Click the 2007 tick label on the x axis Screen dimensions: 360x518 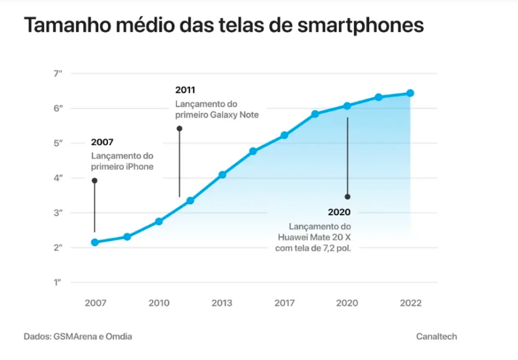95,303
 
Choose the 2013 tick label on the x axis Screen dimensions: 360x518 222,303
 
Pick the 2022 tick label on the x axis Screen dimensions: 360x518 410,303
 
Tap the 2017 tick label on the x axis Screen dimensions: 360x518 284,303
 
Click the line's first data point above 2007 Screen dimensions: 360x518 95,242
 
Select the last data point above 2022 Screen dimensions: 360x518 411,93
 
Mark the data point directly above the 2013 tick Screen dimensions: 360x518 222,175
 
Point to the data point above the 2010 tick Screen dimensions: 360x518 159,221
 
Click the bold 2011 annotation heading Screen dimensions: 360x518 185,90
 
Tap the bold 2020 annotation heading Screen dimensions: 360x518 339,212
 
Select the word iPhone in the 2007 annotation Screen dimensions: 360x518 139,168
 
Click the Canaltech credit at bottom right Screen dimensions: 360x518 437,337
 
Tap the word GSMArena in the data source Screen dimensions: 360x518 77,337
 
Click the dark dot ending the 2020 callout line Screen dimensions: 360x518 348,197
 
